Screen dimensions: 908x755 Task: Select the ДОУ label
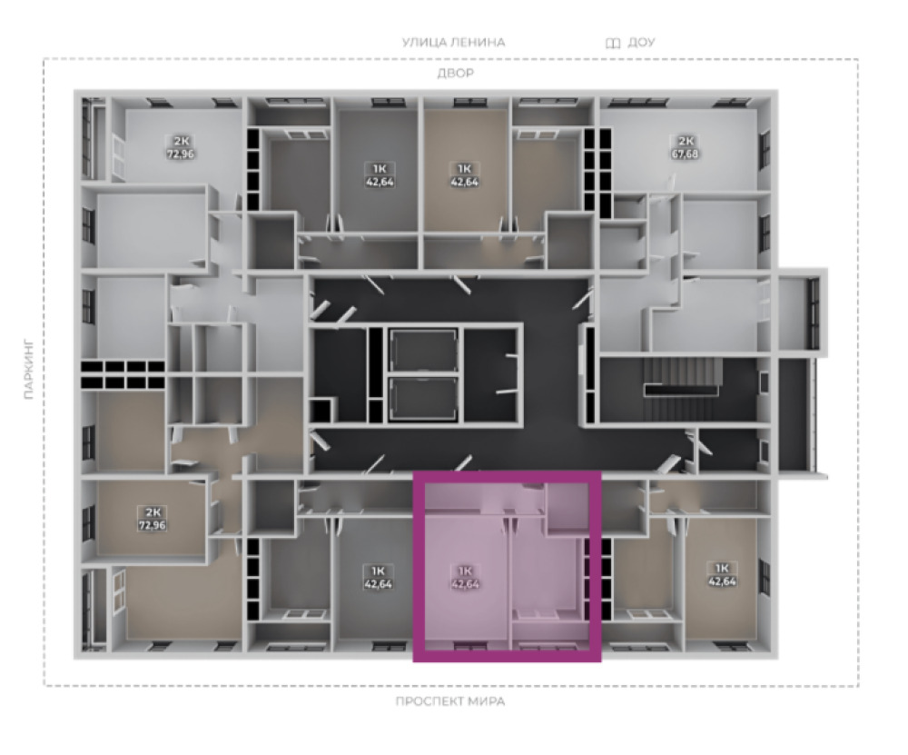[x=641, y=43]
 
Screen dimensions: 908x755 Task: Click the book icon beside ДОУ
[x=613, y=43]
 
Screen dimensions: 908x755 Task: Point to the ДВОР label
[x=455, y=73]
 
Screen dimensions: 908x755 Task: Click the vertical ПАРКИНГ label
[x=30, y=370]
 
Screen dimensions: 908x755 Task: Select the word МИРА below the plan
[x=487, y=701]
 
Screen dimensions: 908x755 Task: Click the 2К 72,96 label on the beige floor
[x=152, y=519]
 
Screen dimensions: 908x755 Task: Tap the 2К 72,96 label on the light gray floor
[x=180, y=147]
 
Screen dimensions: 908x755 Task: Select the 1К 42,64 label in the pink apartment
[x=465, y=578]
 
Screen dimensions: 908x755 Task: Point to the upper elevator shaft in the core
[x=423, y=351]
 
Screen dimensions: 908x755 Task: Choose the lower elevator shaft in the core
[x=423, y=399]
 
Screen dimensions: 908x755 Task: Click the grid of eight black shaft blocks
[x=123, y=374]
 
